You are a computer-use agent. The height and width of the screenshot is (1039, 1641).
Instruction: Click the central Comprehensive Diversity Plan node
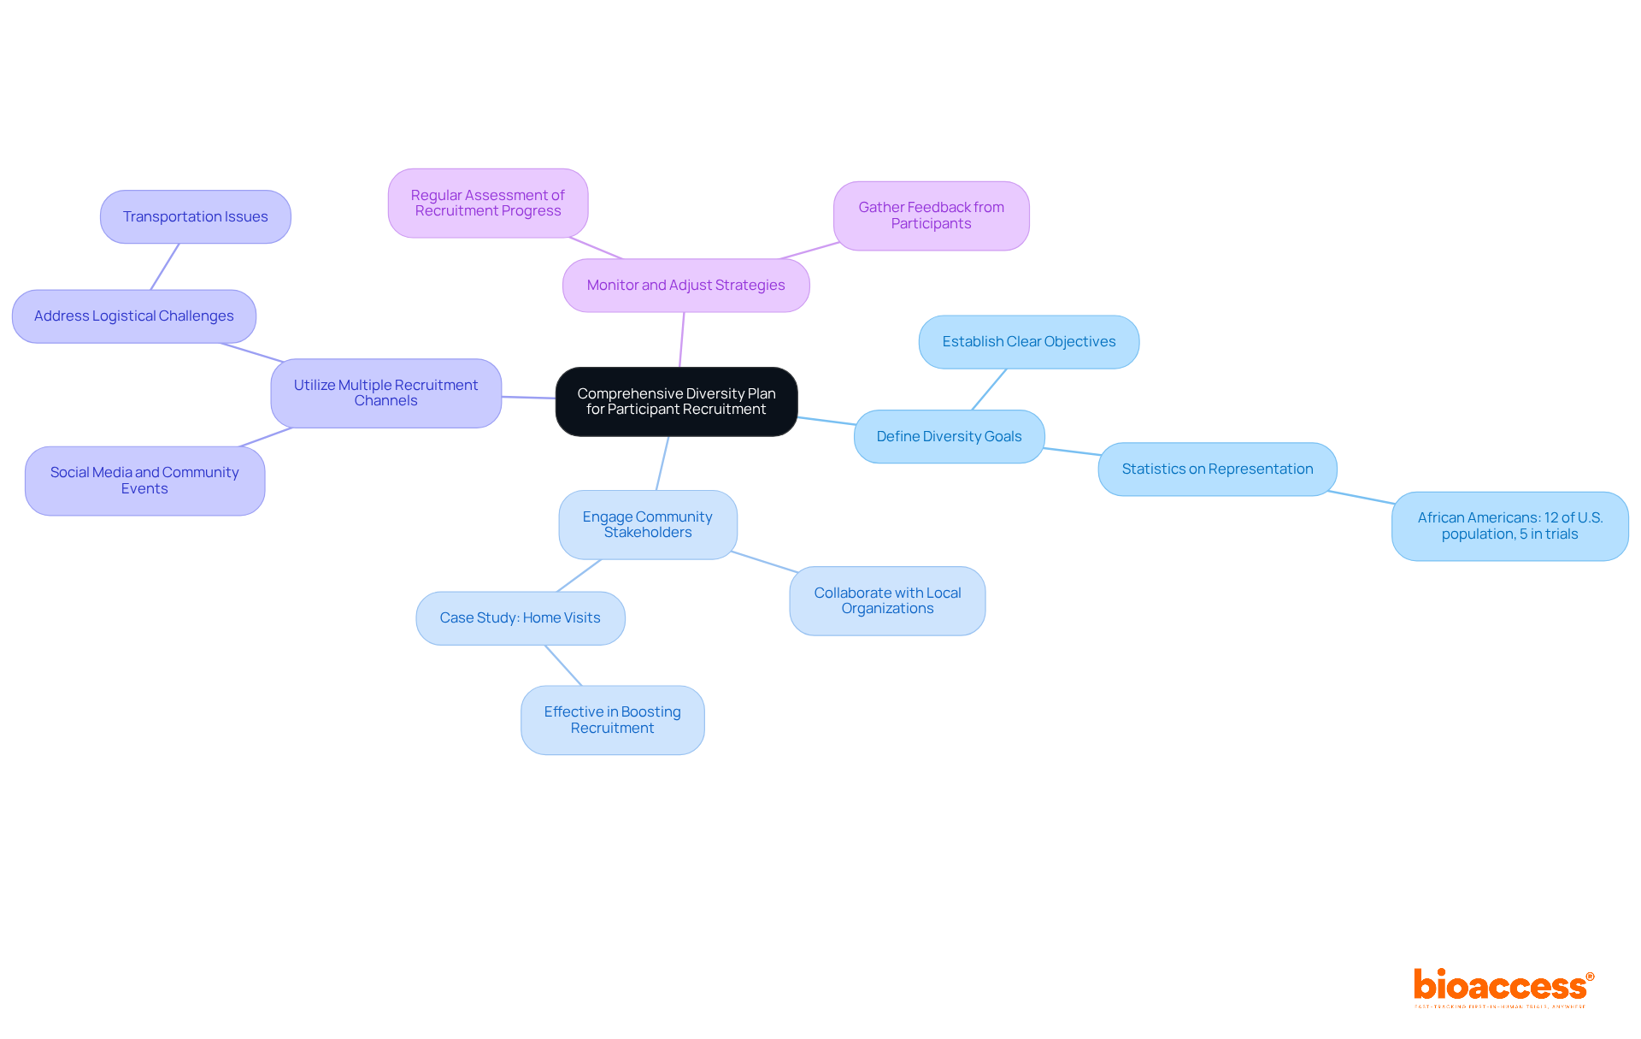676,401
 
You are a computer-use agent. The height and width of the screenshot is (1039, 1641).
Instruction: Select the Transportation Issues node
195,216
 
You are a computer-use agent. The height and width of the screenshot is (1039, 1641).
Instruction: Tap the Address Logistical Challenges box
133,316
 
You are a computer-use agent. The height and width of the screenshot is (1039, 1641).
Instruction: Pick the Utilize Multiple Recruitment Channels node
385,393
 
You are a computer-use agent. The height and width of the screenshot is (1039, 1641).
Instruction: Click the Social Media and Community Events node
144,480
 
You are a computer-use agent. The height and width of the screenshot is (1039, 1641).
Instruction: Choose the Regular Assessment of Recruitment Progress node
487,203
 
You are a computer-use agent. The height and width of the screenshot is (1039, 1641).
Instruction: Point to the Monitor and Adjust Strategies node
685,285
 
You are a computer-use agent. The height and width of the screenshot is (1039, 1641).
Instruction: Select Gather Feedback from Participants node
931,215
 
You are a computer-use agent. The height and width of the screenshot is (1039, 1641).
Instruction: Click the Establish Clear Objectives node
1028,341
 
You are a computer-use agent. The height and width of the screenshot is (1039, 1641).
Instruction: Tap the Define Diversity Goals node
949,436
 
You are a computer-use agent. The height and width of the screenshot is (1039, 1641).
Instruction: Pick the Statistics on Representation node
1217,469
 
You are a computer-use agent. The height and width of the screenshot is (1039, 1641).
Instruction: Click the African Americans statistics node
1509,525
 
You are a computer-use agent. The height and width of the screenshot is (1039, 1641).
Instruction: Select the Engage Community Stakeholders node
647,524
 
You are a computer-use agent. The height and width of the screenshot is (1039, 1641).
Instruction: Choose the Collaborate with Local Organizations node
887,600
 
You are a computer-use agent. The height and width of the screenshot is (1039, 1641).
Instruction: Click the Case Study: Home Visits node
520,617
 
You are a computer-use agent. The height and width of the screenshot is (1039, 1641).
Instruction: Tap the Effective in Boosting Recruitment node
612,719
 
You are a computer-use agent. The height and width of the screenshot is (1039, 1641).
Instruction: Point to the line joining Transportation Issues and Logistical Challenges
165,266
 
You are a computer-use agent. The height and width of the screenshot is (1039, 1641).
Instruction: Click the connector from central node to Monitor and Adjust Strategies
682,339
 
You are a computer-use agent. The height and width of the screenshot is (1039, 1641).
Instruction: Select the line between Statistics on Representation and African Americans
1361,498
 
